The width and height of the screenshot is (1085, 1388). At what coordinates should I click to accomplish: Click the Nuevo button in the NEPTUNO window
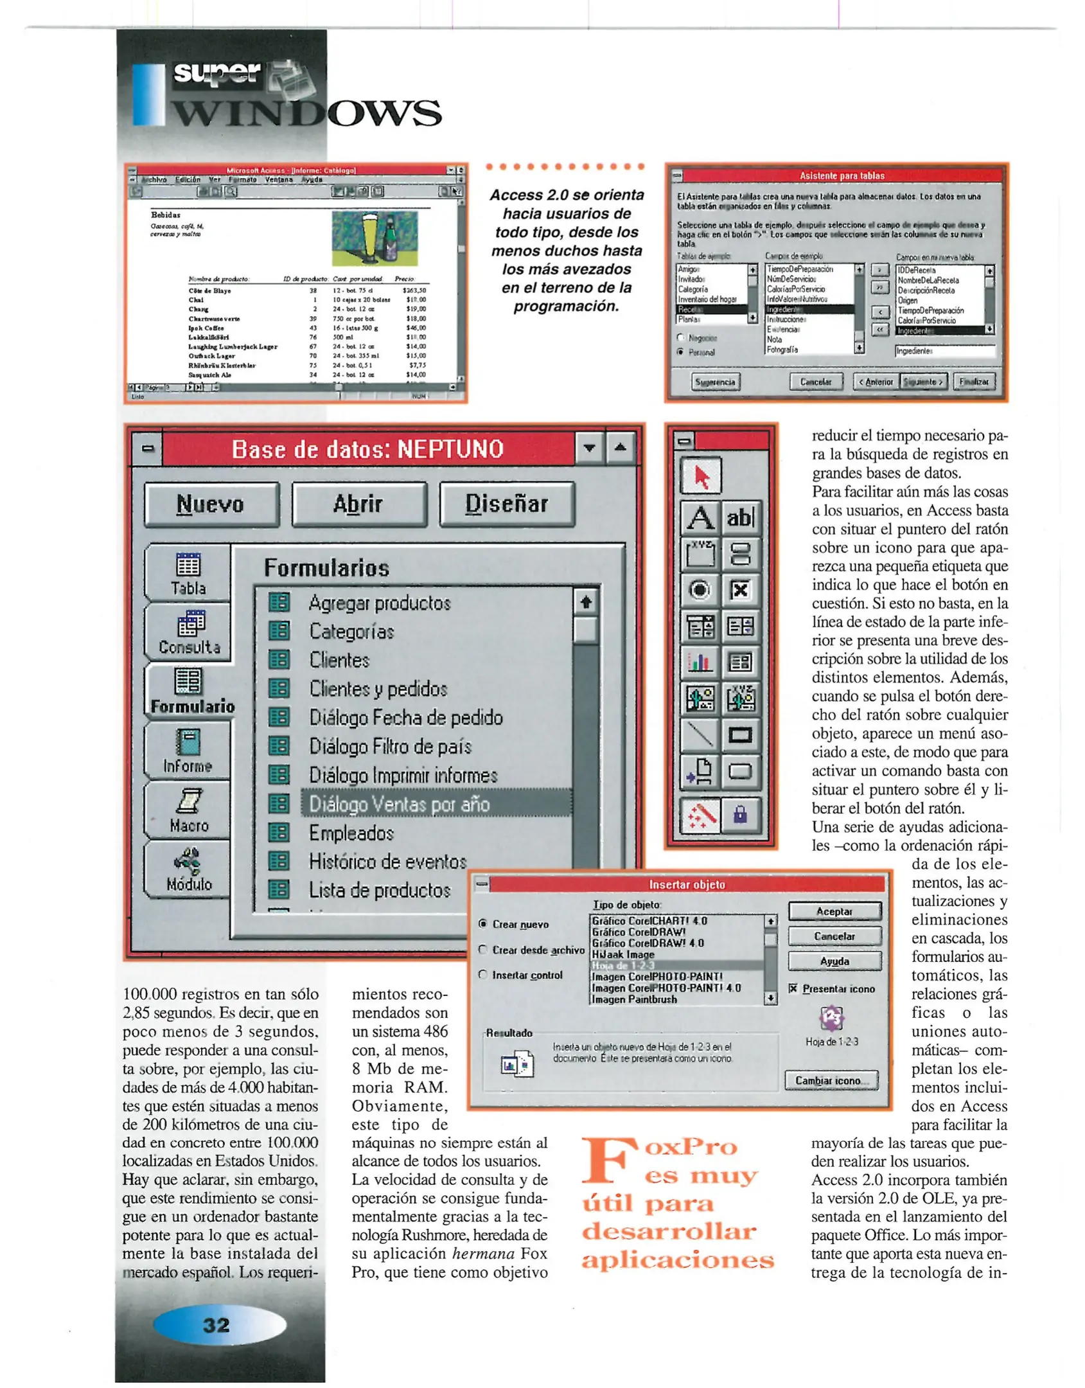[211, 504]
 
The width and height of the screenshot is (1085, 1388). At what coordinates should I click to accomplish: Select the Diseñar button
[506, 504]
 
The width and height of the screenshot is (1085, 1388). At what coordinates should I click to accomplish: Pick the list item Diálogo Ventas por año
[400, 805]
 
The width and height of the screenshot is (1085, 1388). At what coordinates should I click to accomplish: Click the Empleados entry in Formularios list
[351, 833]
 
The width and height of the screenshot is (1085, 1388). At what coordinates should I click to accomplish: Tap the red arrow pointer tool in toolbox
[701, 476]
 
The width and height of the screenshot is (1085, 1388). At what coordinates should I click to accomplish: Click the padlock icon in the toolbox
[740, 815]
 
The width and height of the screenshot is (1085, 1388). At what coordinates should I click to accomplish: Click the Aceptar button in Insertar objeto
[834, 911]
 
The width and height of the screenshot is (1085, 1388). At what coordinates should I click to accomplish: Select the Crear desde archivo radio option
[483, 949]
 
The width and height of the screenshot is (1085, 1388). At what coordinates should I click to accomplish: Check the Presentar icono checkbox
[793, 988]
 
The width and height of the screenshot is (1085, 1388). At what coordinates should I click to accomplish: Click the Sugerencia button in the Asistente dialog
[716, 382]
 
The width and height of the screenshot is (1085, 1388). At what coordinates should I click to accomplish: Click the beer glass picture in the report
[374, 238]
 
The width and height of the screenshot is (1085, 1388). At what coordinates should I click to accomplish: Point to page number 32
[216, 1324]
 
